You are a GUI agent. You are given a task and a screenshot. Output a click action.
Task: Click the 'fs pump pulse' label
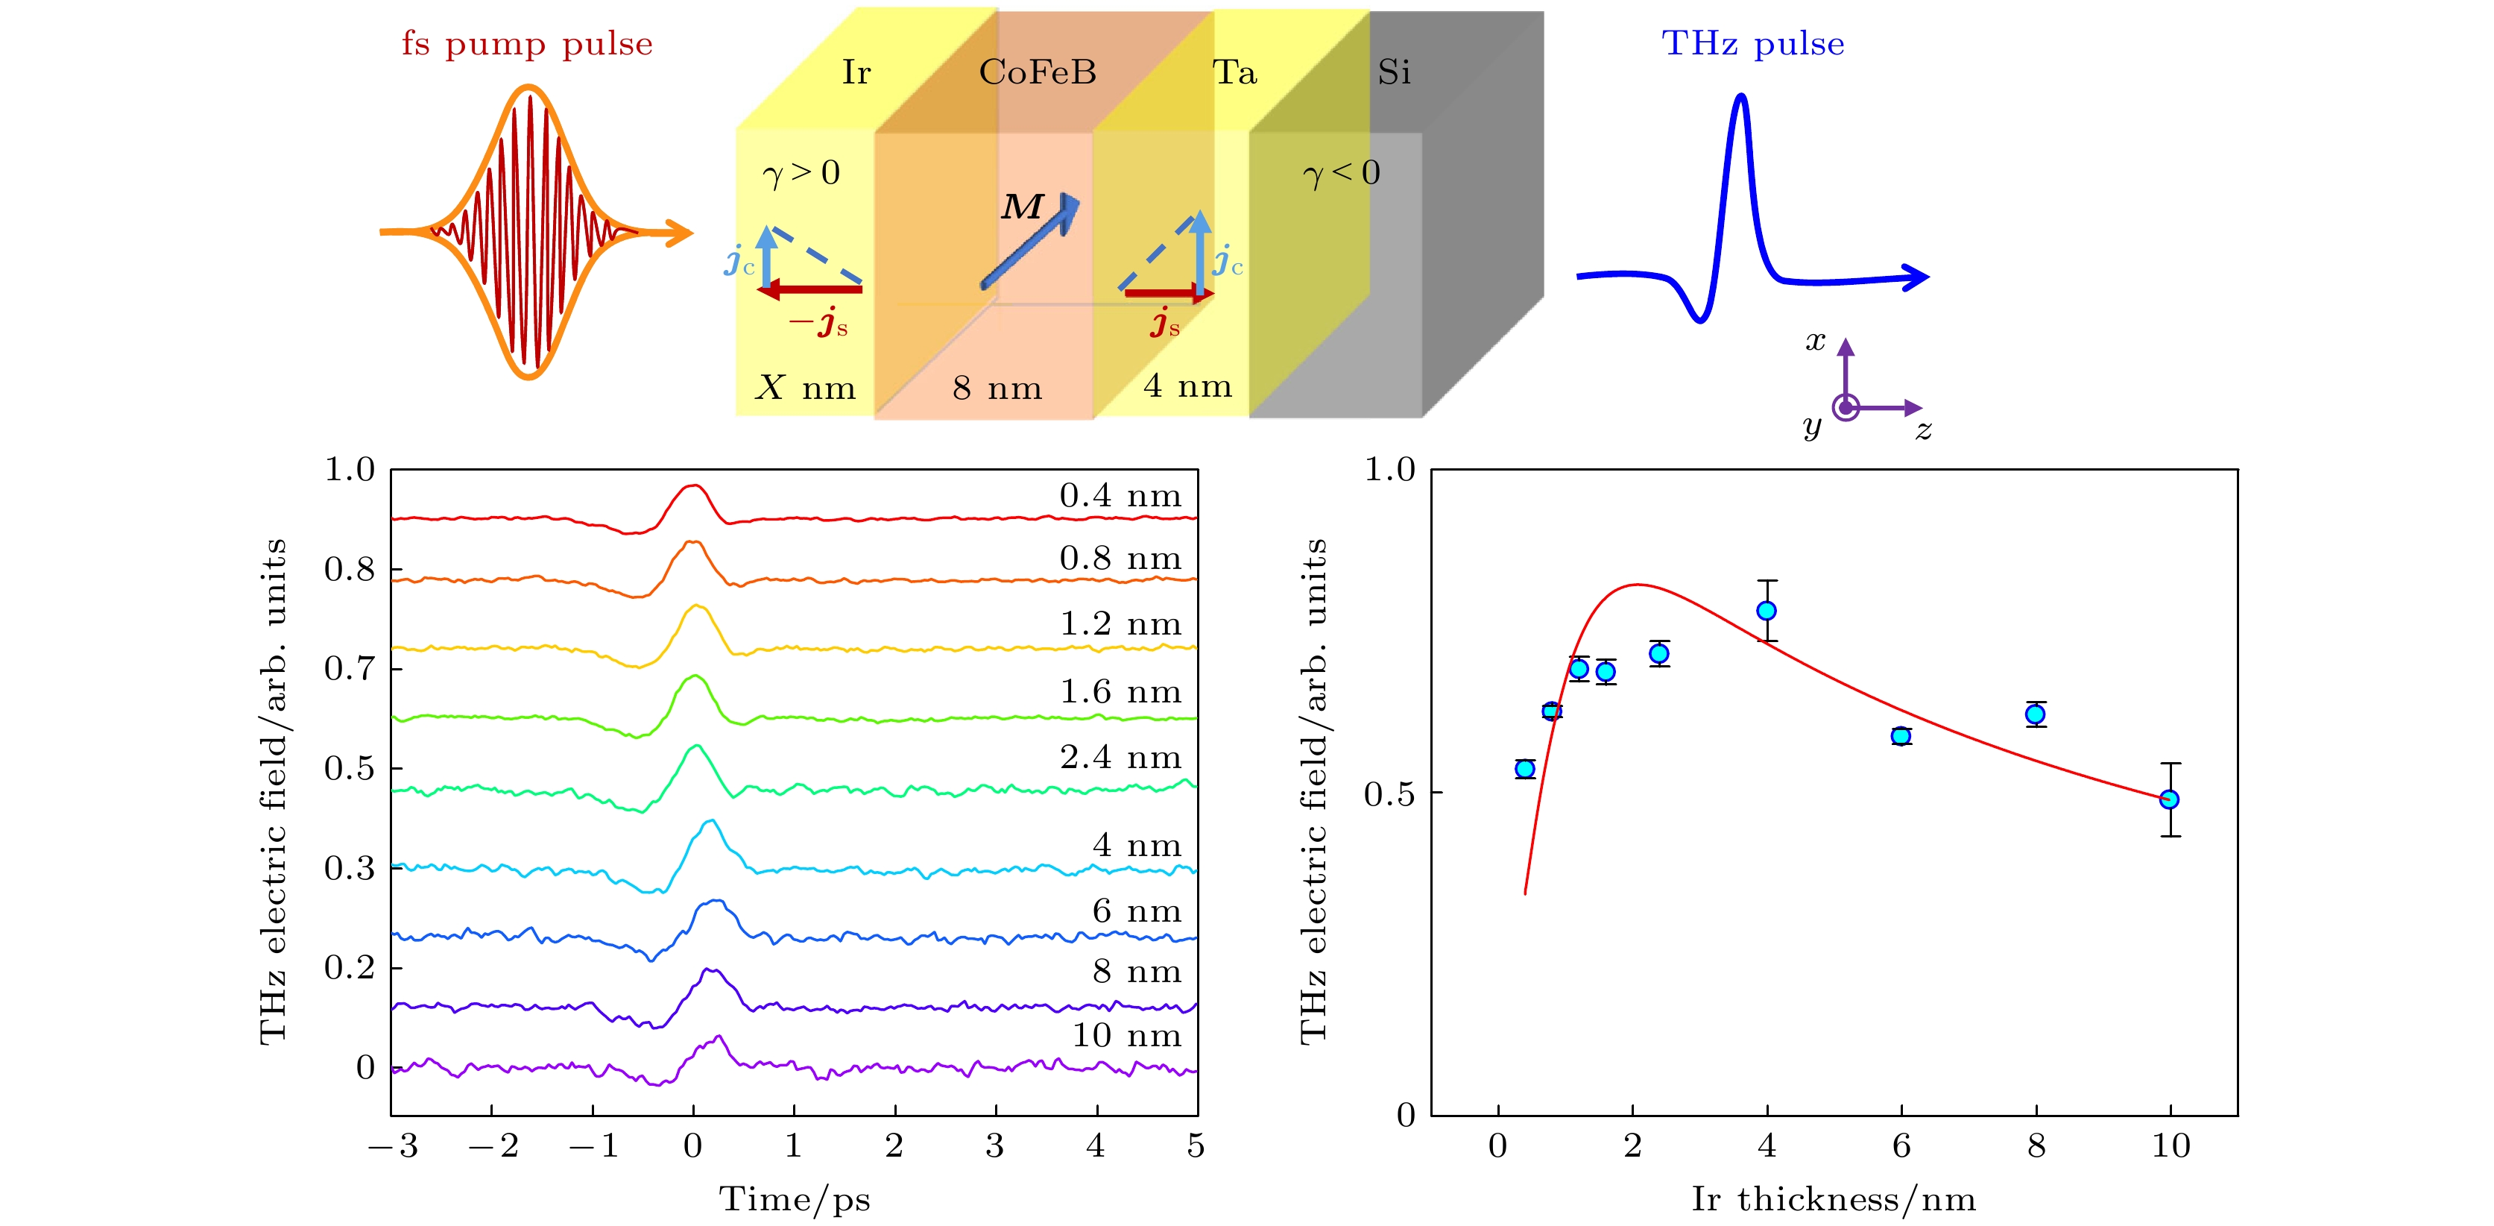click(527, 45)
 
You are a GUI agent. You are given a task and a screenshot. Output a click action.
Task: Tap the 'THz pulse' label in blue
click(1752, 45)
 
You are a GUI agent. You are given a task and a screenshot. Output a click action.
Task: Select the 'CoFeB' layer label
click(1037, 72)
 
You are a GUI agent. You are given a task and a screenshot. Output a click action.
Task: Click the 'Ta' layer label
click(1234, 72)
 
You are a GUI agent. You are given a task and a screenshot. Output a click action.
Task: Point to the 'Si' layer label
click(1393, 72)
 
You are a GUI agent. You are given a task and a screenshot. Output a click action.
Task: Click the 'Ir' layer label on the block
click(856, 72)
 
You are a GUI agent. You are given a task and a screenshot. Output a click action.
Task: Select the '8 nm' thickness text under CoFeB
click(997, 389)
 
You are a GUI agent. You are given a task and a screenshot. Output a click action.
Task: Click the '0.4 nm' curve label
click(1120, 496)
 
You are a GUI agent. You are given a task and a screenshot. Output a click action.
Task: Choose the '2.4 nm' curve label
click(1120, 757)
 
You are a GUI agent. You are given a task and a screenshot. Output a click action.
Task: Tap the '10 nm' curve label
click(1126, 1035)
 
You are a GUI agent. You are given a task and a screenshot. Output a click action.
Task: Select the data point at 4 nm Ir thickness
click(1766, 611)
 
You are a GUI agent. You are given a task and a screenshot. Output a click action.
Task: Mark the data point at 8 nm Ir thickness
click(2035, 714)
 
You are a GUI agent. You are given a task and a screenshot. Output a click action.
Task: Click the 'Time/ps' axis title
click(794, 1200)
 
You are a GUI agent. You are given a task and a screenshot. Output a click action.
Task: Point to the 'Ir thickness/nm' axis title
click(1833, 1200)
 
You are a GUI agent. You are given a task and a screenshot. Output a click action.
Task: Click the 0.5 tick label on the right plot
click(1389, 794)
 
